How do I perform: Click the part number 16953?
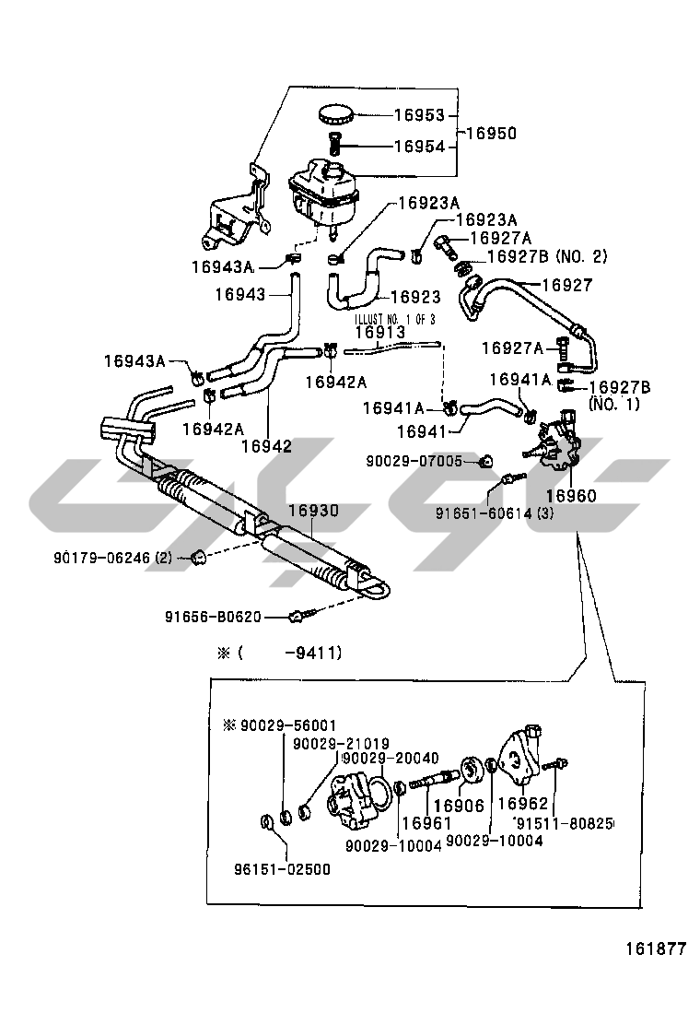point(419,115)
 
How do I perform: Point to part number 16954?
point(419,147)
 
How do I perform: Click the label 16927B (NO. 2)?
point(547,256)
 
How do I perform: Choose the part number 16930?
point(313,510)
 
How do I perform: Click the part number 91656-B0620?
point(214,618)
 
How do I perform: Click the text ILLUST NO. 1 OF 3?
point(395,319)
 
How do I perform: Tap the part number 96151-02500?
point(282,869)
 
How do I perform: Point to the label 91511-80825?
point(564,822)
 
